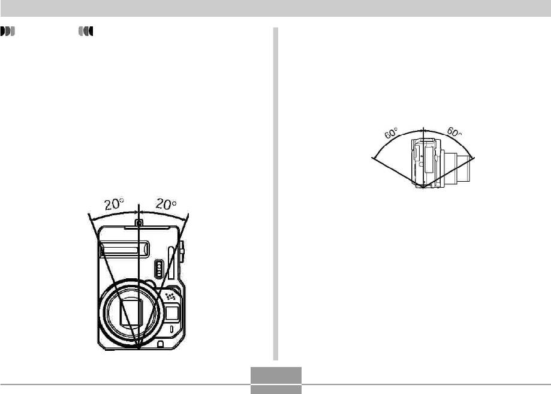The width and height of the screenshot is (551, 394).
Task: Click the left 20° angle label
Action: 114,204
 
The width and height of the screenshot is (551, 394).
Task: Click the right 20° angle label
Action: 166,204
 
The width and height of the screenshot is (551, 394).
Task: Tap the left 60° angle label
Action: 391,133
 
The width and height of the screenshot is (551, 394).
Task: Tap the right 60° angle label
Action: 454,132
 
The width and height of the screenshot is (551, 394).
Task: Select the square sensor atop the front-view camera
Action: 139,222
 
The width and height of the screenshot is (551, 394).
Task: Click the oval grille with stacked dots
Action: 159,269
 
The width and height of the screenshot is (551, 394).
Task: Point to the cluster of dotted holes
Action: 171,296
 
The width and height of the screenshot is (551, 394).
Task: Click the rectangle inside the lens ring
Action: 131,311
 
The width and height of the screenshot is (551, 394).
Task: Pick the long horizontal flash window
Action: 124,249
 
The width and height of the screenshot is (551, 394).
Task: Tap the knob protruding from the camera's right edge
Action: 182,251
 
